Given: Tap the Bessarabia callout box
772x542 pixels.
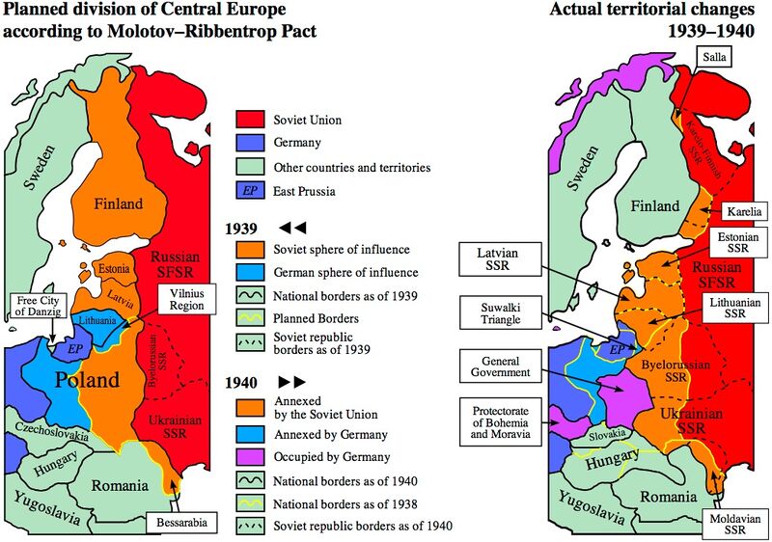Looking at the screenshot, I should [179, 523].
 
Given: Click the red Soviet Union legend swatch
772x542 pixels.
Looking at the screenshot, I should [250, 120].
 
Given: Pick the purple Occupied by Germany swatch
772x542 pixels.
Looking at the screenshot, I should [250, 456].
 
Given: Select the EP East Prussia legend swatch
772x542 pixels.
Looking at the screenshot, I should [250, 191].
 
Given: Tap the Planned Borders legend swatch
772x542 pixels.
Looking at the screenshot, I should [250, 318].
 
